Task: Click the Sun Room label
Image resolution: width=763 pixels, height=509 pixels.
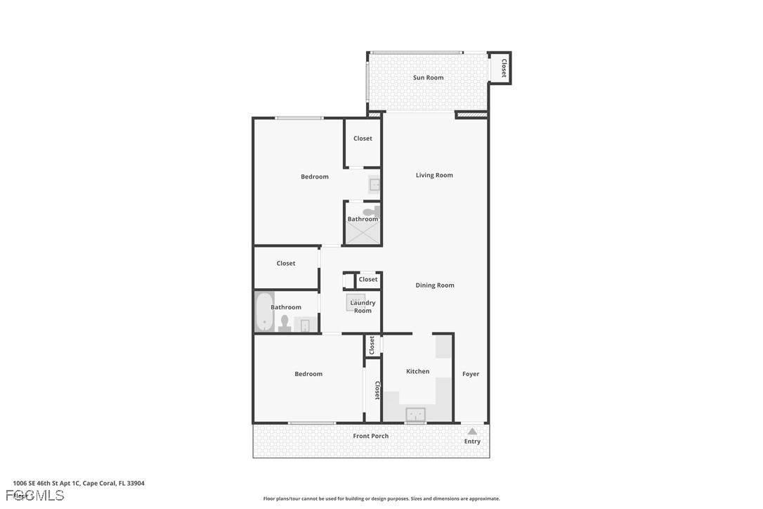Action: (428, 77)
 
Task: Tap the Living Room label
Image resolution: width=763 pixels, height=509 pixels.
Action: (434, 175)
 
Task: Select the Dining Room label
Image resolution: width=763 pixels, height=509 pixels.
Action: (435, 285)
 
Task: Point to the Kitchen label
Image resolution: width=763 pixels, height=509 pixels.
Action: (417, 371)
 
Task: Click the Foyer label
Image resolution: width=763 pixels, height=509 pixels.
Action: (471, 374)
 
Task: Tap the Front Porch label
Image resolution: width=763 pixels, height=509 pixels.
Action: (370, 436)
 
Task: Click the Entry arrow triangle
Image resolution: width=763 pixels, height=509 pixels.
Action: (472, 431)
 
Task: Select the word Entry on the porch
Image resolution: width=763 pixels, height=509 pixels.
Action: (472, 442)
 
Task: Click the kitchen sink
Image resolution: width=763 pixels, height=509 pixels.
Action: (415, 414)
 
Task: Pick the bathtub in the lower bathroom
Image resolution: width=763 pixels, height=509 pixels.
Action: (264, 311)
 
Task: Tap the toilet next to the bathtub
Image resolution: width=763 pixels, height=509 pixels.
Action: (285, 323)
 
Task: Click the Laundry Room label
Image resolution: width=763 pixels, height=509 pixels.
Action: (363, 307)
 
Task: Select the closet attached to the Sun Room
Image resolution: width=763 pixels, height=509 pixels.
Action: (503, 67)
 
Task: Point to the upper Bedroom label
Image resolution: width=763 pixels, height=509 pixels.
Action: (314, 176)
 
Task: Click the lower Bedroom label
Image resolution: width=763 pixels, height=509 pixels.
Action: (308, 374)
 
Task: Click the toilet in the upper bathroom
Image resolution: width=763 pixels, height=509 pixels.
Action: (370, 211)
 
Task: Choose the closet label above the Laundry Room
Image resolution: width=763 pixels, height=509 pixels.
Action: (367, 279)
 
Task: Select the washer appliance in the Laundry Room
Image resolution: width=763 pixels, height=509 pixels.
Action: (355, 302)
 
